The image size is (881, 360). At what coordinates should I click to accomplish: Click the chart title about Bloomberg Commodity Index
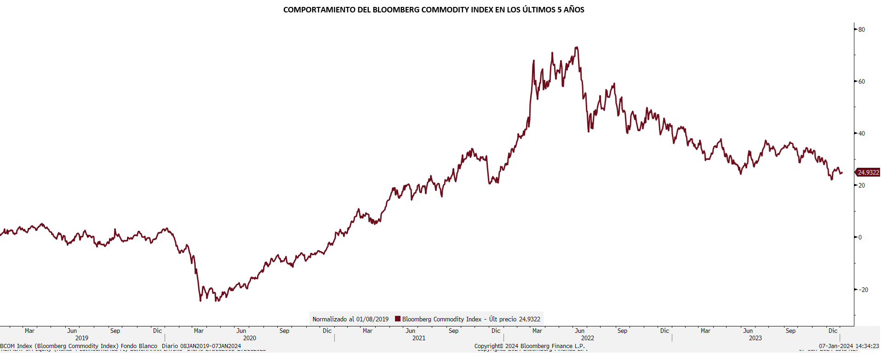tap(433, 10)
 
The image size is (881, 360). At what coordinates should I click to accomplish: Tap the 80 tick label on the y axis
tap(861, 29)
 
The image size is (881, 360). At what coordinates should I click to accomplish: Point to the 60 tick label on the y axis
tap(861, 81)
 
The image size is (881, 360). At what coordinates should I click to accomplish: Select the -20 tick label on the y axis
tap(863, 290)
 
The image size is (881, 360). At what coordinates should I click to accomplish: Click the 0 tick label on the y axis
tap(860, 237)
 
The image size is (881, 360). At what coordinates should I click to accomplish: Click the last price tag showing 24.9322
tap(868, 172)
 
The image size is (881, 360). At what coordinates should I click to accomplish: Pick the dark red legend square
tap(398, 319)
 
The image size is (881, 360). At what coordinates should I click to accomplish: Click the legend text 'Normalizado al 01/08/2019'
tap(350, 319)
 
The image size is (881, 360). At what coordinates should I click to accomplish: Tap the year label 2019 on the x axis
tap(82, 338)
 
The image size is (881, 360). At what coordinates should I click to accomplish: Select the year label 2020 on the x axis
tap(250, 338)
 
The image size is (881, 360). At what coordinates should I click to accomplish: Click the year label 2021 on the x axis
tap(419, 338)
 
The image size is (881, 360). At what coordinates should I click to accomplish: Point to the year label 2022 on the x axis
tap(587, 338)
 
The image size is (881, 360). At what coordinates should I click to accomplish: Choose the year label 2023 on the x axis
tap(755, 338)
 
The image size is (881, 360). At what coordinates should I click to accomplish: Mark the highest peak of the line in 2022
tap(577, 47)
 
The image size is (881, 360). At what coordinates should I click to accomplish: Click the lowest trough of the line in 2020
tap(200, 301)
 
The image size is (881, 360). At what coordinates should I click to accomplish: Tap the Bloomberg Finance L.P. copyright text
tap(530, 346)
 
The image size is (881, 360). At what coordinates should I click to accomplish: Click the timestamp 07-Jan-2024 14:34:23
tap(849, 346)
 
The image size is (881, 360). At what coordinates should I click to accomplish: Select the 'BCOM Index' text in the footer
tap(16, 346)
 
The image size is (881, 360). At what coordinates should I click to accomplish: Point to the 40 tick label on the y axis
tap(861, 133)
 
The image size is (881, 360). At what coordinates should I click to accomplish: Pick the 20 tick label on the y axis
tap(861, 185)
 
